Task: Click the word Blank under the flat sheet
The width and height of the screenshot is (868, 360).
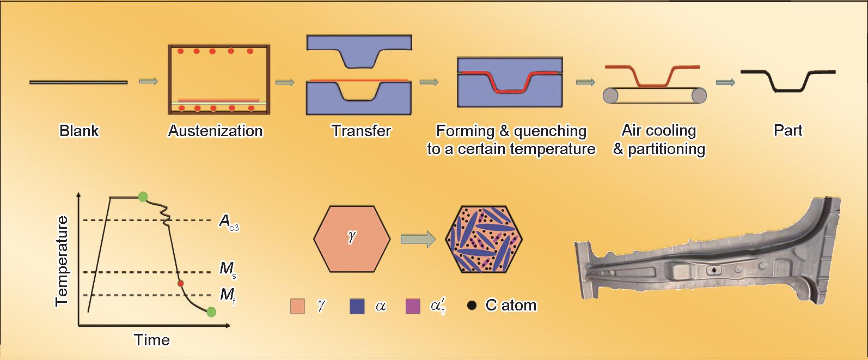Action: tap(79, 131)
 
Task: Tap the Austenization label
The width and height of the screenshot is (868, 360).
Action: tap(216, 131)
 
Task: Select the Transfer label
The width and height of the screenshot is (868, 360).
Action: tap(361, 131)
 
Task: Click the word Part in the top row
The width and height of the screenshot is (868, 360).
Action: tap(788, 130)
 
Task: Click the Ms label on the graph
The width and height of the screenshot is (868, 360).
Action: tap(228, 270)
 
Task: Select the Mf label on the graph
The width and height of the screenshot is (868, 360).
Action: tap(228, 296)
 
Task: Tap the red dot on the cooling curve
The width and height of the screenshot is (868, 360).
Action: tap(181, 284)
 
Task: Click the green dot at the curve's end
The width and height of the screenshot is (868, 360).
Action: tap(211, 312)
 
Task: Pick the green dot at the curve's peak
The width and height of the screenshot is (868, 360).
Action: tap(143, 197)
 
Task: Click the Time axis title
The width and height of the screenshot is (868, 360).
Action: tap(152, 340)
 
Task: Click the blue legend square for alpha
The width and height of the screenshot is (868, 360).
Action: tap(357, 306)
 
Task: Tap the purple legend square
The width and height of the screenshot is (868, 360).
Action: tap(413, 306)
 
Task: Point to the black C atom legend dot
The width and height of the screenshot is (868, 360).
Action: tap(472, 306)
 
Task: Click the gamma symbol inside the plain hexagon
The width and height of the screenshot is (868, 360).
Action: tap(351, 236)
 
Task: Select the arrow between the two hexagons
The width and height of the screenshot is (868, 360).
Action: tap(418, 240)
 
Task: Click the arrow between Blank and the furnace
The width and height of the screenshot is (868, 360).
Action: tap(149, 81)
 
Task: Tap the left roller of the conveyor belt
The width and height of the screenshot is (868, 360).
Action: tap(610, 95)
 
